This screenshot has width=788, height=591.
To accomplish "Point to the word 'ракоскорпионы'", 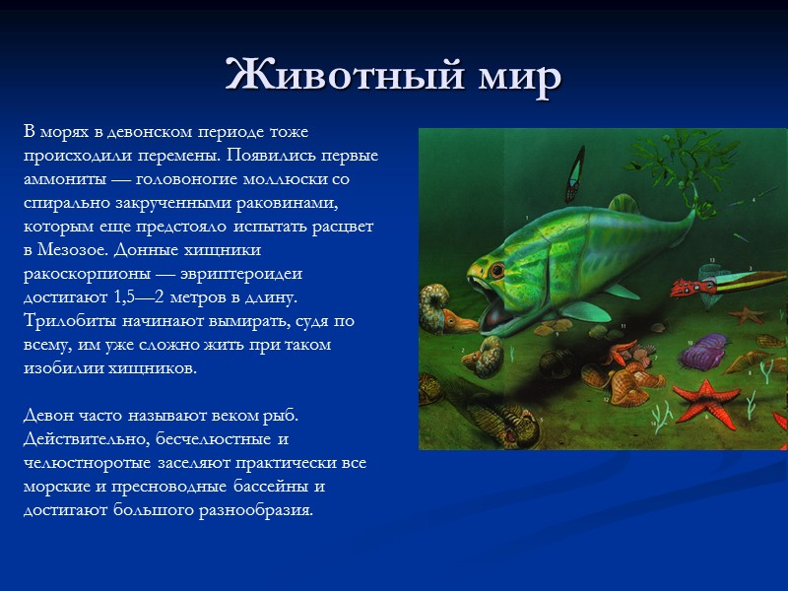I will [x=85, y=274].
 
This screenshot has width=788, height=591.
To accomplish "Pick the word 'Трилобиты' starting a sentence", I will [x=66, y=321].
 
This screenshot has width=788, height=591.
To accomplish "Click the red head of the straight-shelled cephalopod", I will [x=683, y=289].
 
